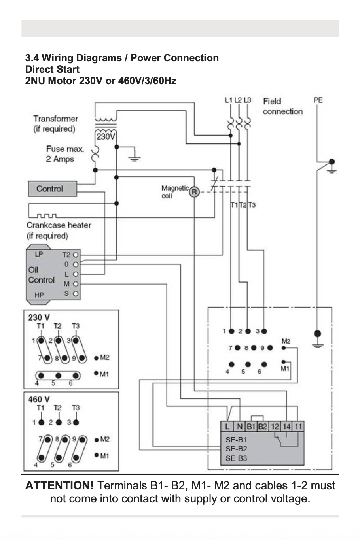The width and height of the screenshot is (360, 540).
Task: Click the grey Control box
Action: (53, 189)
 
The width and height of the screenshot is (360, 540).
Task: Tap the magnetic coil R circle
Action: (194, 192)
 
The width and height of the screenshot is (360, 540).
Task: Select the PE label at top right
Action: (318, 100)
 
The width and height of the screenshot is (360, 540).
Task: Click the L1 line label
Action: (229, 100)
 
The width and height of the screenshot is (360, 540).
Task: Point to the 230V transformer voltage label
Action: (106, 137)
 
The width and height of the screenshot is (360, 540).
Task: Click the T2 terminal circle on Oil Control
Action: (76, 255)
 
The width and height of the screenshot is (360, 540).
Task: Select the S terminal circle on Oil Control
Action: (76, 294)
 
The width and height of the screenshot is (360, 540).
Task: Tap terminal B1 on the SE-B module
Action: (251, 427)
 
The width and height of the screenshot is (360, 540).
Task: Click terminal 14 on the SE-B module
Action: (287, 427)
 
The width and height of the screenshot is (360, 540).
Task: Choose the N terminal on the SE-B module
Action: (240, 427)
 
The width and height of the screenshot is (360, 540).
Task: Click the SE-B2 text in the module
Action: (237, 449)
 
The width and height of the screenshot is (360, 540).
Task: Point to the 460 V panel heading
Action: (39, 399)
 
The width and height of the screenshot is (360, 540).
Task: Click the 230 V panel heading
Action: (39, 317)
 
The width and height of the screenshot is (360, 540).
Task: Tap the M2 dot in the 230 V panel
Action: (96, 358)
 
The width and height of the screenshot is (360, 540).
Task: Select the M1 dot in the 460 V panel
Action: (96, 455)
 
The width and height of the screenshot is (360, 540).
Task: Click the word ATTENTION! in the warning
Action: (59, 485)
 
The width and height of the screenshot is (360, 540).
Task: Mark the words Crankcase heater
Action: (59, 225)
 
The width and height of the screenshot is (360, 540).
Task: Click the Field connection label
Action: (283, 106)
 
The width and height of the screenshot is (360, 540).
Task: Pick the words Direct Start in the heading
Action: (52, 70)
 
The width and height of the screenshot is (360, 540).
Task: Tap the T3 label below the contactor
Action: (252, 205)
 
